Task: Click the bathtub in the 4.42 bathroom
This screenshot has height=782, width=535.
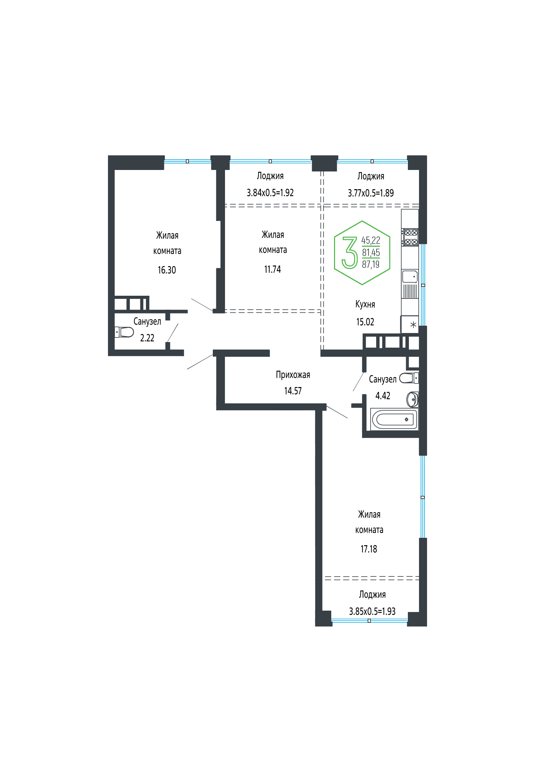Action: click(395, 419)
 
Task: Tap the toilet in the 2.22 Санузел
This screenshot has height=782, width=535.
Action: click(124, 332)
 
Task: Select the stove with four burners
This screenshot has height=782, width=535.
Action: click(410, 237)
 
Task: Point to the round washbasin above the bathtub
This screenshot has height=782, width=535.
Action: click(413, 399)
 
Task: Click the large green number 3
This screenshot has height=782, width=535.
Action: click(350, 253)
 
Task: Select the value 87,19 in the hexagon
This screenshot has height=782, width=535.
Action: click(371, 265)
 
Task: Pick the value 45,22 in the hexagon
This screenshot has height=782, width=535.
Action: click(371, 240)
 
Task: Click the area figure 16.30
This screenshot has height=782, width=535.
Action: click(167, 270)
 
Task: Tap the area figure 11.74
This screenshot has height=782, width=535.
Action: click(272, 269)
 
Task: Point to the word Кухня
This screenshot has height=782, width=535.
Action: click(365, 304)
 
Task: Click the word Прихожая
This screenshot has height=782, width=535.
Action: click(293, 375)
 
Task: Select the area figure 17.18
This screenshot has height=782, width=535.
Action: click(369, 549)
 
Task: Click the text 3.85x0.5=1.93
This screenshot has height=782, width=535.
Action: click(372, 611)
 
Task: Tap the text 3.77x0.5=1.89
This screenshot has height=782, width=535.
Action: click(371, 193)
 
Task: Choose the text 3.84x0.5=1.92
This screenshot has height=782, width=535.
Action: click(270, 193)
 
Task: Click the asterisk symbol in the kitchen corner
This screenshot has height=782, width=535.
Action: click(413, 325)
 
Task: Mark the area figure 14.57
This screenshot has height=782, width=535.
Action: click(293, 391)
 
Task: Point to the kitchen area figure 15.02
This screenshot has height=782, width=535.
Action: click(365, 322)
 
